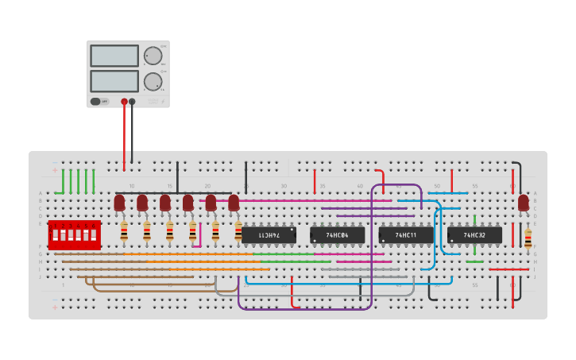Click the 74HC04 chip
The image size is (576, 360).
[x=338, y=235]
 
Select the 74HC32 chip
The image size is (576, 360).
[x=474, y=235]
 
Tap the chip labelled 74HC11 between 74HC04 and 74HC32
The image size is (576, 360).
[x=406, y=235]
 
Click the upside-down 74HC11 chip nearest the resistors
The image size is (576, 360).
[x=269, y=235]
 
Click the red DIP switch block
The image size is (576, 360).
[x=74, y=235]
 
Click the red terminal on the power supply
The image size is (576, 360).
[x=124, y=102]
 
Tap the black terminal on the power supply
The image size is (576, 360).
[x=133, y=102]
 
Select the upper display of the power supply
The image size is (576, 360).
[x=114, y=56]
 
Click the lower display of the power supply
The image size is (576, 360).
[x=114, y=81]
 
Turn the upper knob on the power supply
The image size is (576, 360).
[x=153, y=56]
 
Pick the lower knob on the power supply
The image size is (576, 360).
[x=153, y=81]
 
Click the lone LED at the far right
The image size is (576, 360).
[x=524, y=203]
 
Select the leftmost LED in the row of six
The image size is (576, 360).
[x=119, y=203]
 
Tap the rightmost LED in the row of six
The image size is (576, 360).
[x=234, y=203]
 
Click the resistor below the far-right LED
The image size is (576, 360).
[x=528, y=237]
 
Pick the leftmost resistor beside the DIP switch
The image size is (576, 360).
[x=124, y=231]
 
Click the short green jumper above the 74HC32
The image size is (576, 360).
[x=475, y=222]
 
